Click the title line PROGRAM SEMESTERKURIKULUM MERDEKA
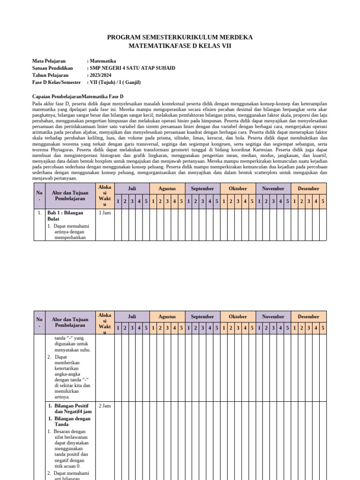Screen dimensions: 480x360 point(180,37)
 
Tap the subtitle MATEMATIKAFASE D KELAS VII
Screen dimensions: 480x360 point(180,46)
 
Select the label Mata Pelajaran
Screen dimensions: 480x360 point(49,61)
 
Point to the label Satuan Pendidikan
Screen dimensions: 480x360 point(52,68)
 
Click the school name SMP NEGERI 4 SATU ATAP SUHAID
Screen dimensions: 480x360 point(132,68)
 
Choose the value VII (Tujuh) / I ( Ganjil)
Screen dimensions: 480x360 point(115,82)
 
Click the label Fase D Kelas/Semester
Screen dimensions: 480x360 point(57,82)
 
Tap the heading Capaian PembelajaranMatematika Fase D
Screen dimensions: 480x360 point(78,96)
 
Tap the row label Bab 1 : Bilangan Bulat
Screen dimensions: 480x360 point(64,216)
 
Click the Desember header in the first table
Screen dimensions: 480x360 point(308,188)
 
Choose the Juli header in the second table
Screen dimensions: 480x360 point(132,316)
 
